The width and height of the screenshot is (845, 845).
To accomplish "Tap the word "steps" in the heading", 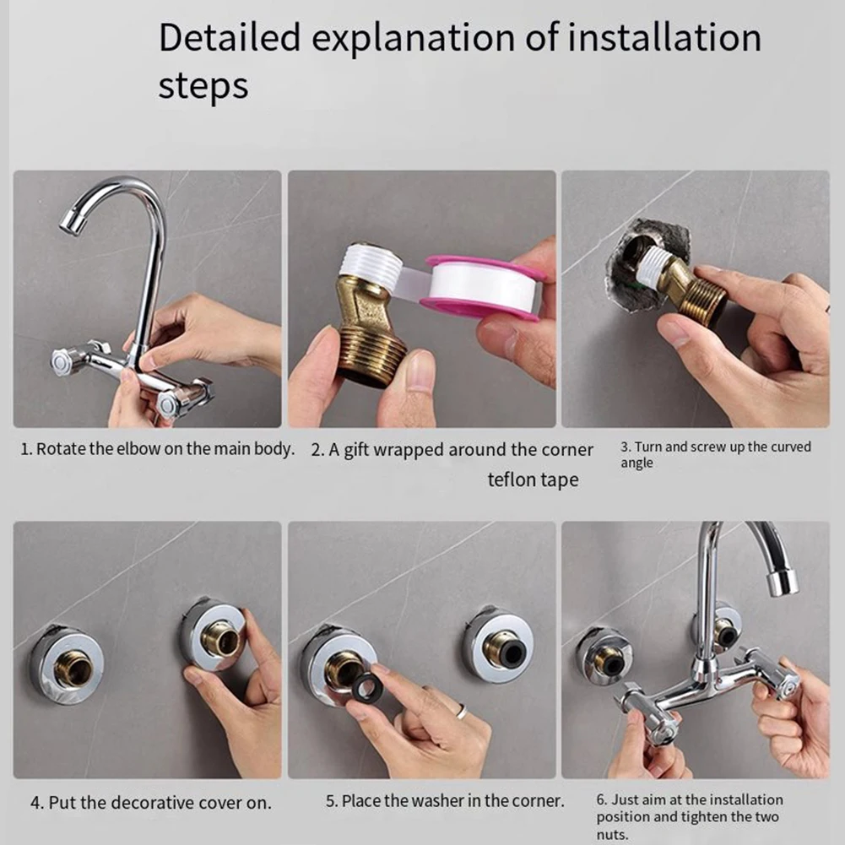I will click(203, 86).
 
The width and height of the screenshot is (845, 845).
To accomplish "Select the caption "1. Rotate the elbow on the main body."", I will click(157, 449).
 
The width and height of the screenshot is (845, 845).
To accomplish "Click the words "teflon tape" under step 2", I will click(533, 479).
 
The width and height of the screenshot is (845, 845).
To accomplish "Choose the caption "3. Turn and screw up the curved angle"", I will click(715, 454).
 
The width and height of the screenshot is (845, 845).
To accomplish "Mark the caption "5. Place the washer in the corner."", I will click(444, 800).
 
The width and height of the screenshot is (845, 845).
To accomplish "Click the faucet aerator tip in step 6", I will click(782, 582).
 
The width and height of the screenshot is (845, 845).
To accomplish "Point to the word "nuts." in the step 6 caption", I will click(613, 835).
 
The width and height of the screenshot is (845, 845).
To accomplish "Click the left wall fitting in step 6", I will click(605, 656).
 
